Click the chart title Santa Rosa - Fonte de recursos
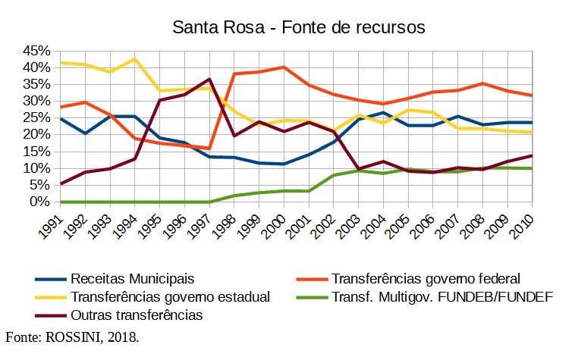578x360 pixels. click(x=298, y=28)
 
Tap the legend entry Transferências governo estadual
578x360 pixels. click(x=170, y=296)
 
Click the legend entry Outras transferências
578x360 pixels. click(x=137, y=314)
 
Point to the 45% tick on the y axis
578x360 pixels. click(x=37, y=51)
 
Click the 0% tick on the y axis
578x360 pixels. click(x=41, y=202)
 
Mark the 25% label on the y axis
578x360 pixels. click(x=37, y=117)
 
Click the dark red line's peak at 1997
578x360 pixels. click(x=209, y=79)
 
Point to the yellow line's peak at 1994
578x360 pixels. click(x=135, y=58)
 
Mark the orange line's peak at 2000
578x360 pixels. click(x=284, y=67)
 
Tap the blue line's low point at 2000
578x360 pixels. click(x=284, y=164)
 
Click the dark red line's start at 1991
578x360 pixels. click(x=61, y=183)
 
